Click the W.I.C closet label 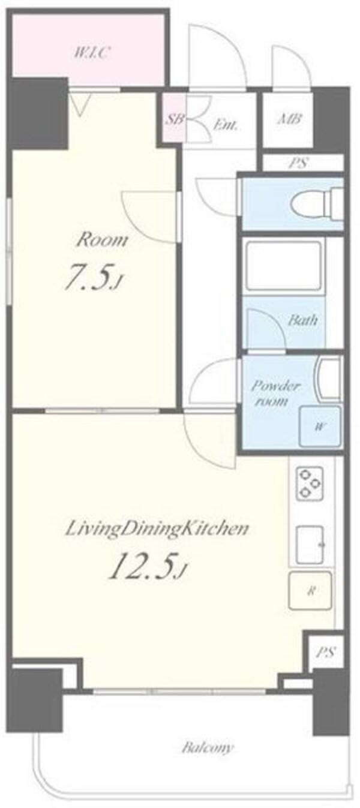click(92, 54)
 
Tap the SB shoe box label click(175, 119)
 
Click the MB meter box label click(290, 119)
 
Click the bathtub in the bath click(283, 265)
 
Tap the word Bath click(302, 320)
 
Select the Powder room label click(275, 393)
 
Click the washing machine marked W click(320, 426)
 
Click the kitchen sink click(310, 545)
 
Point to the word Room click(102, 240)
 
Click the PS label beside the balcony click(326, 652)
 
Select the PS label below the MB click(298, 163)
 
